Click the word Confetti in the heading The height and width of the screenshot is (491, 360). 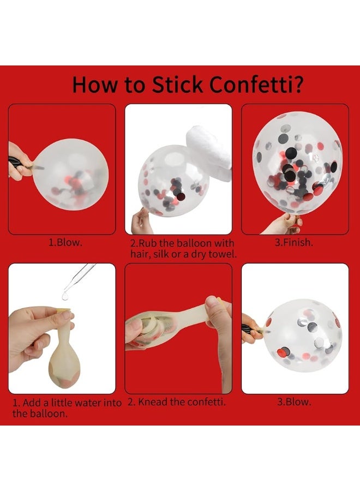256,85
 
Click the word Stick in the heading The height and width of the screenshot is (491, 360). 177,85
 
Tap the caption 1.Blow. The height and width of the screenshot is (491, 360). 65,242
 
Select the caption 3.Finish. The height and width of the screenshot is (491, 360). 293,242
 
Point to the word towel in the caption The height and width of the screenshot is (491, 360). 223,254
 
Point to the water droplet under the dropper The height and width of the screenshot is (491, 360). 65,296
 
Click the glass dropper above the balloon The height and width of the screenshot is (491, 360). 79,278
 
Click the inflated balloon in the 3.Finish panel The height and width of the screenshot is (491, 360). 297,163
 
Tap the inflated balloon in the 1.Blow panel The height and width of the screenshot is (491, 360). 71,175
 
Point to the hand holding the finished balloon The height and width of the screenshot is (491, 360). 282,223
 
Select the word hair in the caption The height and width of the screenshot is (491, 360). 139,254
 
